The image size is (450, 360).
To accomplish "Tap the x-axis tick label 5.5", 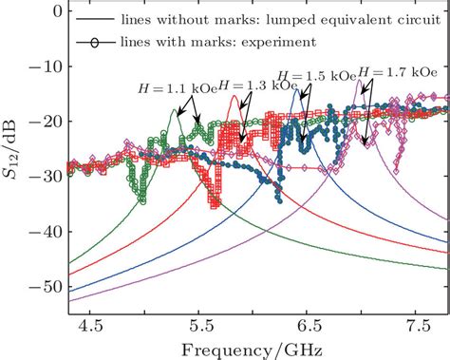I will (198, 324).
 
